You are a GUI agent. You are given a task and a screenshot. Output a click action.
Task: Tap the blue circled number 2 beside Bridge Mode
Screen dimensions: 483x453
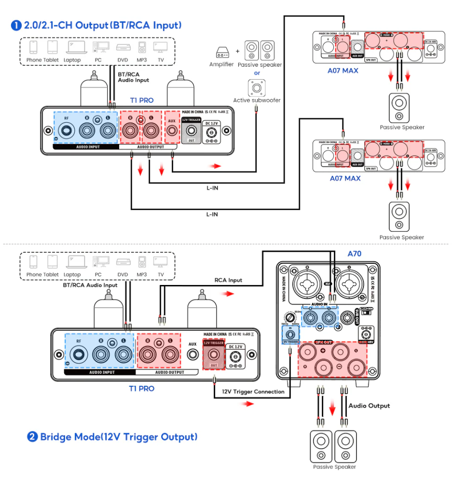coord(32,437)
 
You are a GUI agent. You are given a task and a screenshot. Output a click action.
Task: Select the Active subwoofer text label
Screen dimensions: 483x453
coord(257,100)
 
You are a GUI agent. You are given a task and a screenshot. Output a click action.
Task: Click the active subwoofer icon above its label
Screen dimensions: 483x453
coord(257,88)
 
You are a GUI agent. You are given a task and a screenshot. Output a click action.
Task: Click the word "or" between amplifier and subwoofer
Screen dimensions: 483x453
coord(257,73)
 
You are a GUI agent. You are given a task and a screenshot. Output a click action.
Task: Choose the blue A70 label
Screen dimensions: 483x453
coord(355,253)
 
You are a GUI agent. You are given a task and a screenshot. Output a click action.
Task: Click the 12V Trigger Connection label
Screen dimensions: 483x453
coord(253,392)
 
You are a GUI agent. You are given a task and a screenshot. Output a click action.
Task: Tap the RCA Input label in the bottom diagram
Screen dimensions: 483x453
coord(228,280)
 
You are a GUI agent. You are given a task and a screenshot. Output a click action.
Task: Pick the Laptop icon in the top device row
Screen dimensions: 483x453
coord(77,47)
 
